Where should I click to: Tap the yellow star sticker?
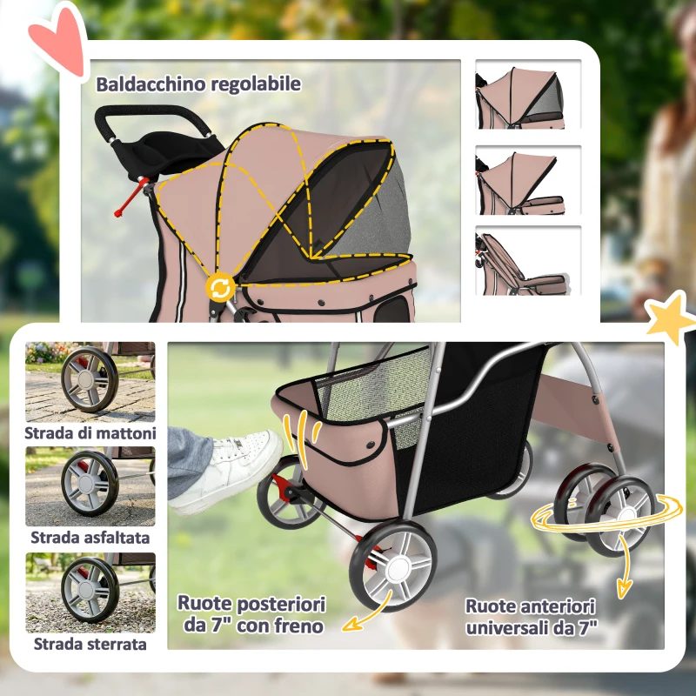pyautogui.click(x=671, y=318)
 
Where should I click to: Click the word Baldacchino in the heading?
pyautogui.click(x=147, y=84)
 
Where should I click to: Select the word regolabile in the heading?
pyautogui.click(x=251, y=84)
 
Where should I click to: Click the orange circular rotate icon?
pyautogui.click(x=220, y=287)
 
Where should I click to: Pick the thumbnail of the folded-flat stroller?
pyautogui.click(x=528, y=260)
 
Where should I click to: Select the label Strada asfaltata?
pyautogui.click(x=90, y=538)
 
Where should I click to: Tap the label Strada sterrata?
pyautogui.click(x=90, y=644)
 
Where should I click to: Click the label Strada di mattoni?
pyautogui.click(x=90, y=432)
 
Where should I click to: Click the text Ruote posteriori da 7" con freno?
pyautogui.click(x=251, y=614)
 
